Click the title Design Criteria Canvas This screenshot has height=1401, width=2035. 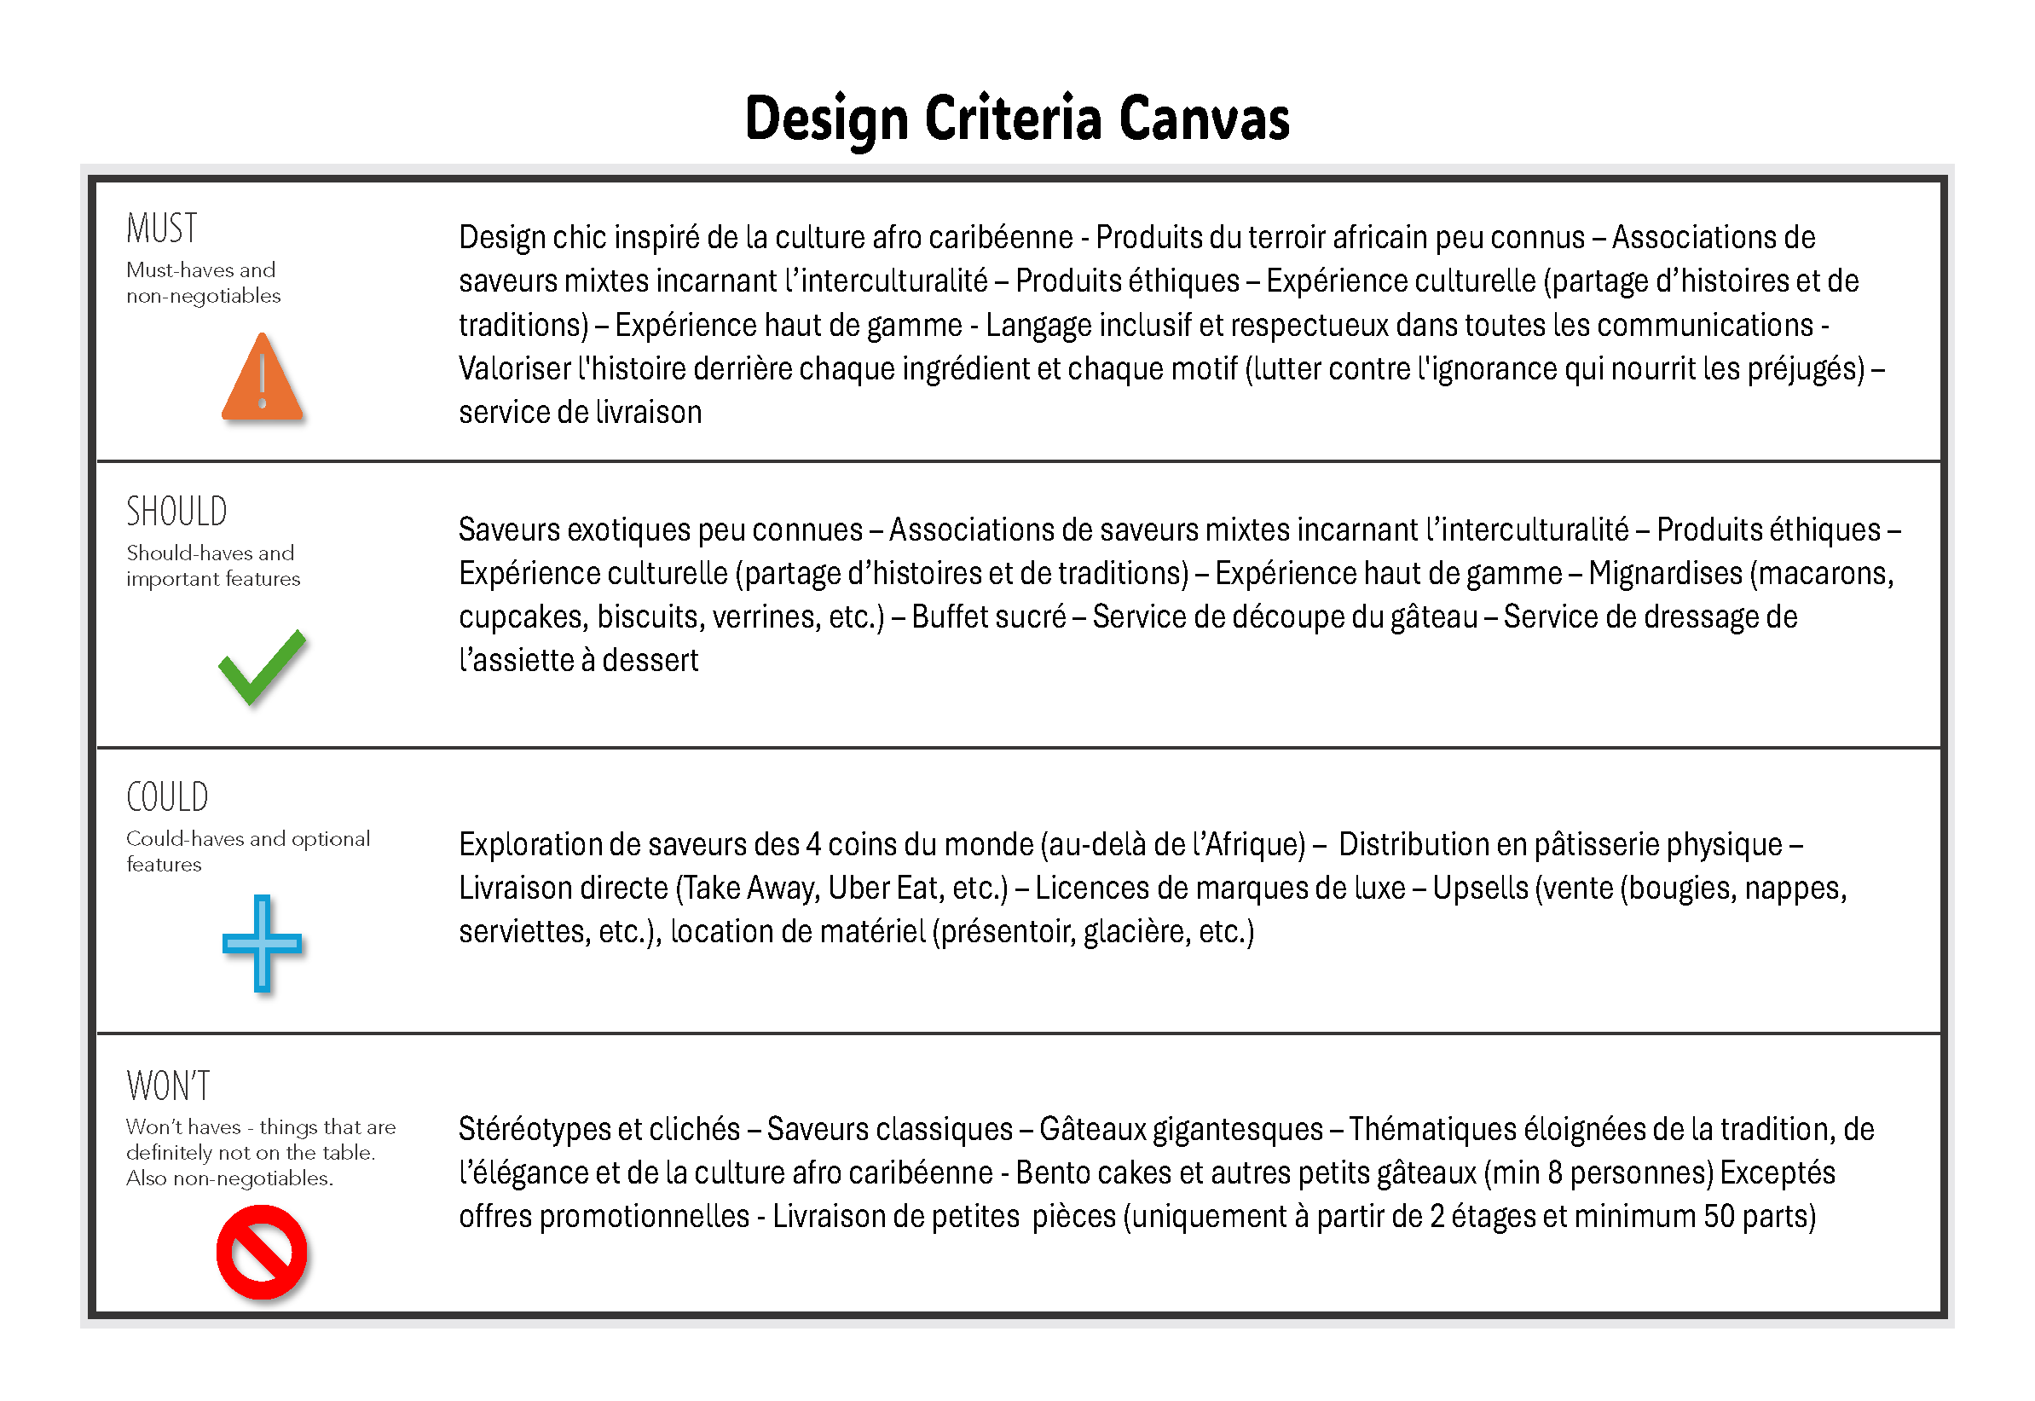[1016, 119]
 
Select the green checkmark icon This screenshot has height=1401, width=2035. [262, 667]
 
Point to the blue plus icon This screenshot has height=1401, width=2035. [262, 944]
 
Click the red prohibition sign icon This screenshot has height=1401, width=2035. [262, 1252]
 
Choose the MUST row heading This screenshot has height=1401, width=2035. [161, 229]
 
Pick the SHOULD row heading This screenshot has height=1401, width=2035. [176, 512]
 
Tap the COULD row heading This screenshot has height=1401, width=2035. [167, 797]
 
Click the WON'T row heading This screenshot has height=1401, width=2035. [169, 1085]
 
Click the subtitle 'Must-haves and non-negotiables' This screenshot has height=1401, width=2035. [203, 282]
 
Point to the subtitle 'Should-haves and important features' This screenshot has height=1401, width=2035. [212, 565]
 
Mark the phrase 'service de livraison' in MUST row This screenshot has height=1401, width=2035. [580, 412]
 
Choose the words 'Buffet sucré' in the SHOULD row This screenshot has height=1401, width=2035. [988, 617]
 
